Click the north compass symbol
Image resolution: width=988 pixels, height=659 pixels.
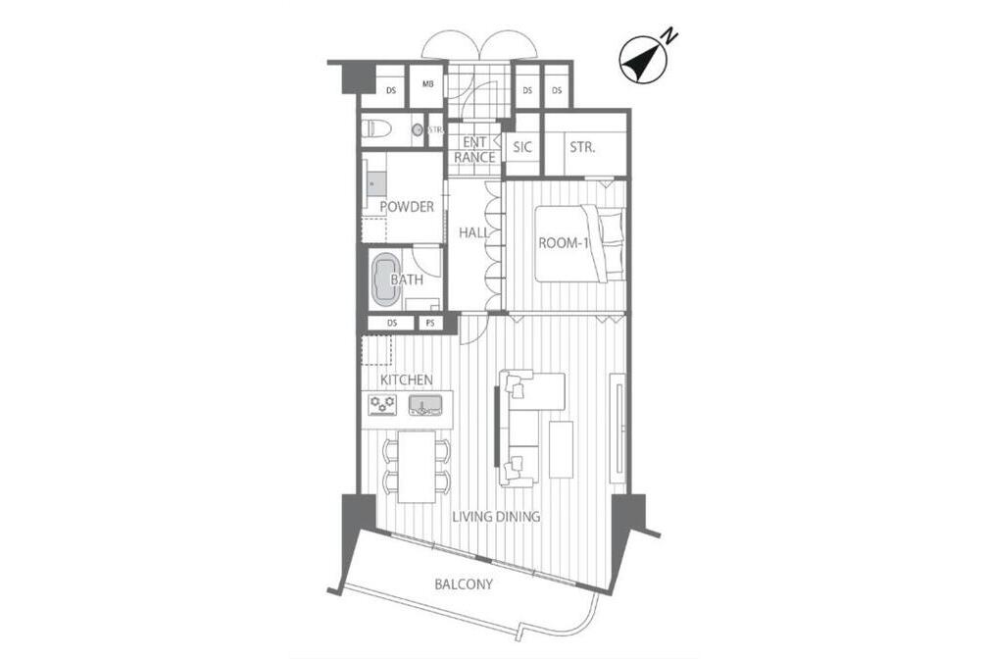coord(643,58)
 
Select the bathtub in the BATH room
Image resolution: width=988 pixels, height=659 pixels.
coord(385,280)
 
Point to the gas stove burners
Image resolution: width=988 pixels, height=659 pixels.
coord(383,404)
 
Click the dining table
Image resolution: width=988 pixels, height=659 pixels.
coord(417,466)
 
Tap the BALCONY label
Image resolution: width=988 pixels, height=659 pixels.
coord(464,584)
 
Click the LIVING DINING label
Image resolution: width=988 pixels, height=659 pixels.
coord(497,517)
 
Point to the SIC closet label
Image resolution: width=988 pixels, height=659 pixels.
coord(522,147)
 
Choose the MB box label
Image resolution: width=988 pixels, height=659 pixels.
coord(427,84)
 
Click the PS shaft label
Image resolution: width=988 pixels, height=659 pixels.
coord(430,323)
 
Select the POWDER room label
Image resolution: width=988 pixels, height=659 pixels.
coord(407,206)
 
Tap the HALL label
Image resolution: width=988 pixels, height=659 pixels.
coord(473,232)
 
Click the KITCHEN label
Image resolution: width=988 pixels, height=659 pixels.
coord(407,380)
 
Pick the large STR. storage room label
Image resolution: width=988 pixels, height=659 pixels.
coord(582,147)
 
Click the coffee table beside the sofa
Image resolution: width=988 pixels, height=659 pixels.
coord(561,449)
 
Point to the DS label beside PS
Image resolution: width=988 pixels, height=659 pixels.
coord(392,323)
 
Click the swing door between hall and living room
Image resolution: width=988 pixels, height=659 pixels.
coord(470,330)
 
